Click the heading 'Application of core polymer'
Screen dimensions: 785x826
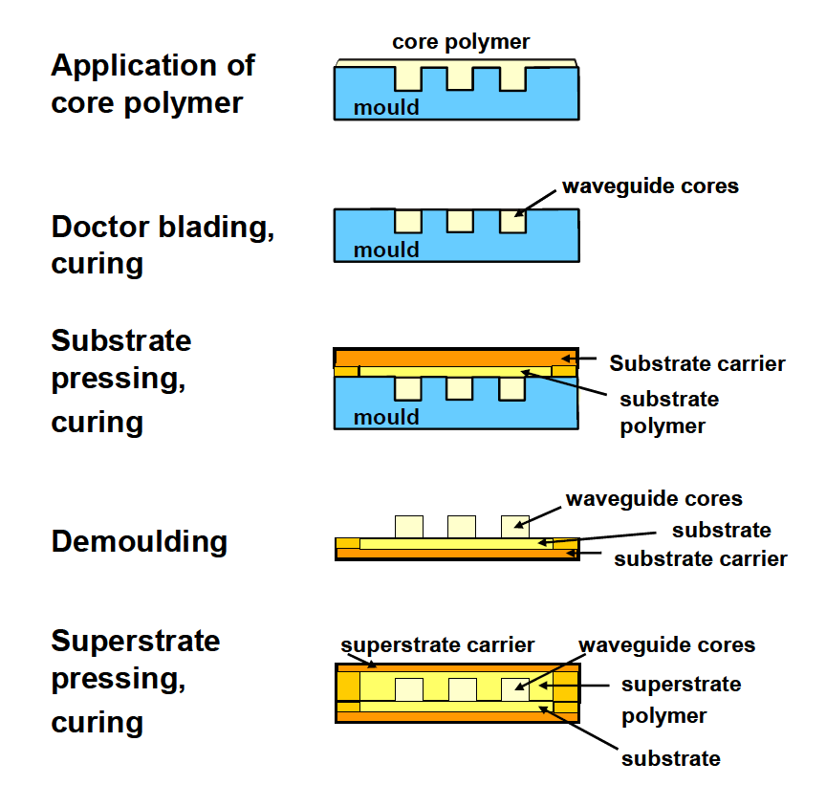tap(153, 84)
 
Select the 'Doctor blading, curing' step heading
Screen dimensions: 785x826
tap(163, 245)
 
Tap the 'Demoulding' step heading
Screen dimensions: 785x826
tap(140, 542)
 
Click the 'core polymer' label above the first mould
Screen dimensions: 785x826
tap(460, 42)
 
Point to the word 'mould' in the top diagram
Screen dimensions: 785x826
tap(386, 107)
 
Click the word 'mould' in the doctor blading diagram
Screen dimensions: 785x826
tap(386, 251)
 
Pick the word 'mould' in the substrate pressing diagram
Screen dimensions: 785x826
tap(386, 417)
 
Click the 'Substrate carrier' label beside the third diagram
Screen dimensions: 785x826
tap(697, 363)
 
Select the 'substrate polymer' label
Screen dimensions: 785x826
tap(669, 412)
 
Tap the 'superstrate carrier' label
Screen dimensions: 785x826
tap(437, 645)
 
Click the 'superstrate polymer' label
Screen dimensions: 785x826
tap(681, 700)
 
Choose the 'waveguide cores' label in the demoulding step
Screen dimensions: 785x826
tap(654, 499)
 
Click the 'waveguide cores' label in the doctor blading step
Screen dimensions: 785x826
tap(650, 186)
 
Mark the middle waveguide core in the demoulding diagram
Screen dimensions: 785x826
tap(462, 526)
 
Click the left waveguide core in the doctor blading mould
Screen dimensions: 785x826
tap(408, 221)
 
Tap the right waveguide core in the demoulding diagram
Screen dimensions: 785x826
tap(514, 526)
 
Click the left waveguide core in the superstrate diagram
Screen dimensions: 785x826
tap(408, 689)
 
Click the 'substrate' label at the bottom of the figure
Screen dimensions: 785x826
tap(670, 759)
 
